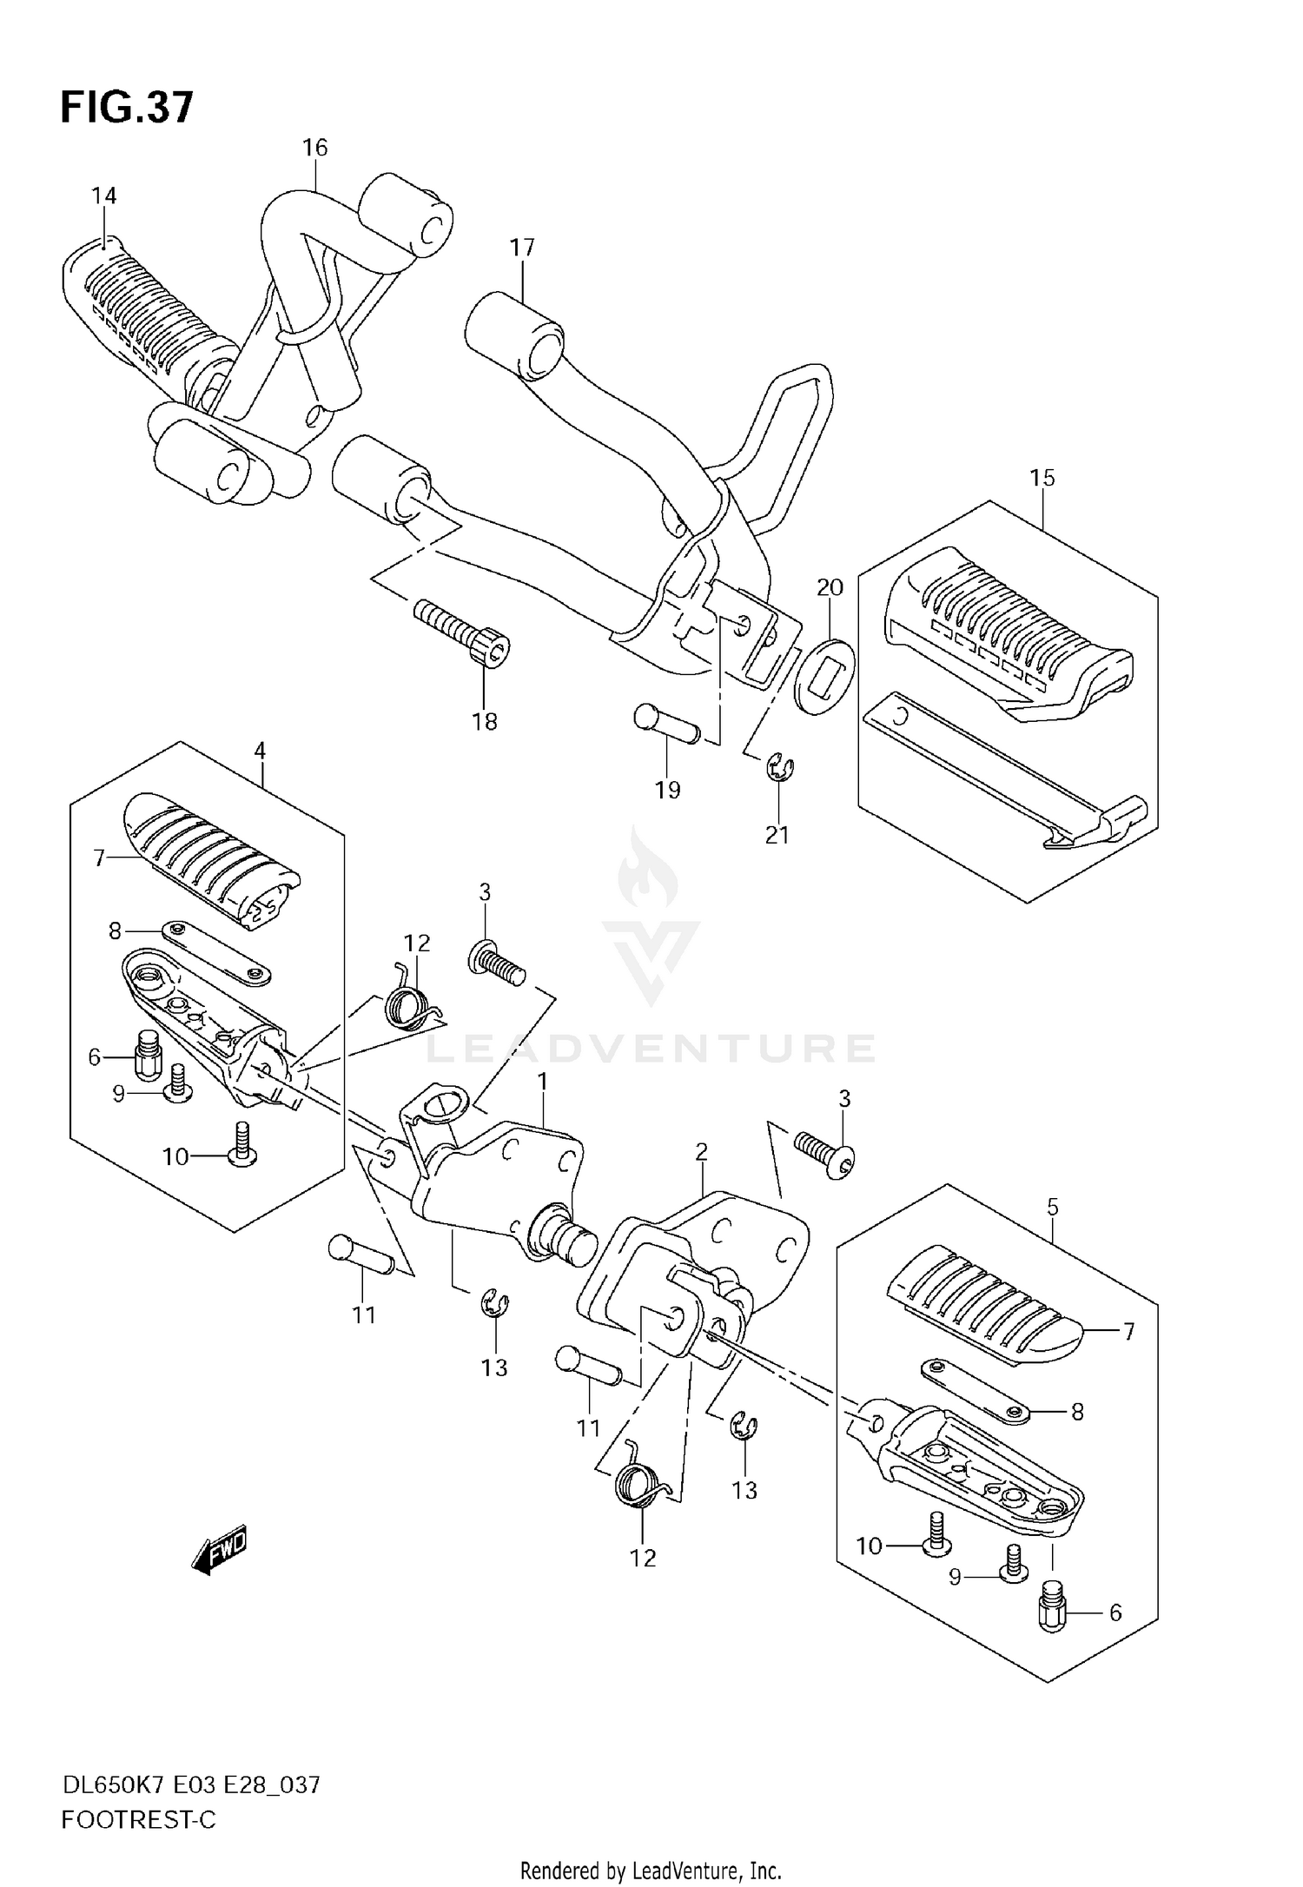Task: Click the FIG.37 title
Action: (127, 108)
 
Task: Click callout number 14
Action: (104, 195)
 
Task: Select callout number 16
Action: (315, 148)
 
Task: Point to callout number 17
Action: (522, 248)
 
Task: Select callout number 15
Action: (1042, 477)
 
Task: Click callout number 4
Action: (260, 751)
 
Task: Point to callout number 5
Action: (1053, 1207)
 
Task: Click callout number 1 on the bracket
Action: (543, 1081)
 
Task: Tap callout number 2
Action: (702, 1152)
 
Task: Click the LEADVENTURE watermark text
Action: (651, 1049)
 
